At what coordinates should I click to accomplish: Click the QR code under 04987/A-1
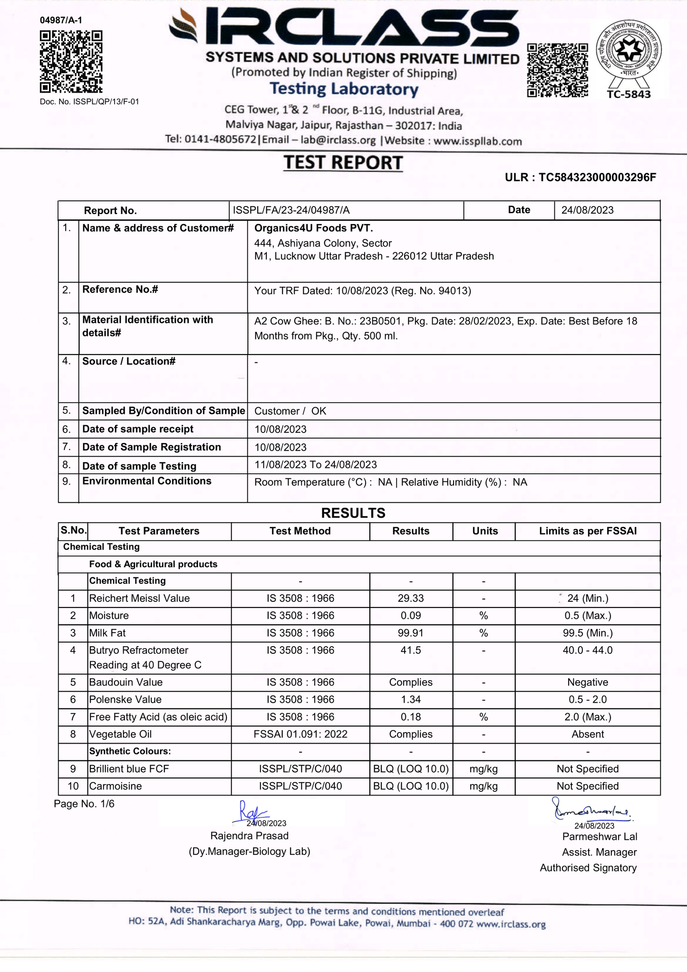[x=71, y=62]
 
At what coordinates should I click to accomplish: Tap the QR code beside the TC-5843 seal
[x=557, y=70]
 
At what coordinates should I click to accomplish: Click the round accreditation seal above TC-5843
[x=629, y=49]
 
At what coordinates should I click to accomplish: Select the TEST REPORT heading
[x=343, y=163]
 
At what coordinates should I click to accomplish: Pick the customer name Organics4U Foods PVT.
[x=314, y=228]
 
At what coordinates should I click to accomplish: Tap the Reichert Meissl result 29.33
[x=411, y=598]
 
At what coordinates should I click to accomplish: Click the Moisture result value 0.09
[x=411, y=616]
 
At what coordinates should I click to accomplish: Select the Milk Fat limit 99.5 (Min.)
[x=588, y=633]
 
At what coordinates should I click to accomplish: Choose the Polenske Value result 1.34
[x=411, y=699]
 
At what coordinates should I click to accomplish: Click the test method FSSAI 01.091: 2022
[x=300, y=734]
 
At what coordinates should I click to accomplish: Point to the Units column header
[x=485, y=531]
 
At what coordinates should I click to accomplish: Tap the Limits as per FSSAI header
[x=588, y=531]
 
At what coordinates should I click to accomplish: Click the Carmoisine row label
[x=116, y=786]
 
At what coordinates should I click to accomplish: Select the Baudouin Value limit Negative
[x=588, y=682]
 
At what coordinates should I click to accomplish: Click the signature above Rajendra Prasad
[x=251, y=813]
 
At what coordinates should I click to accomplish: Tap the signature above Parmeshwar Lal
[x=591, y=811]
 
